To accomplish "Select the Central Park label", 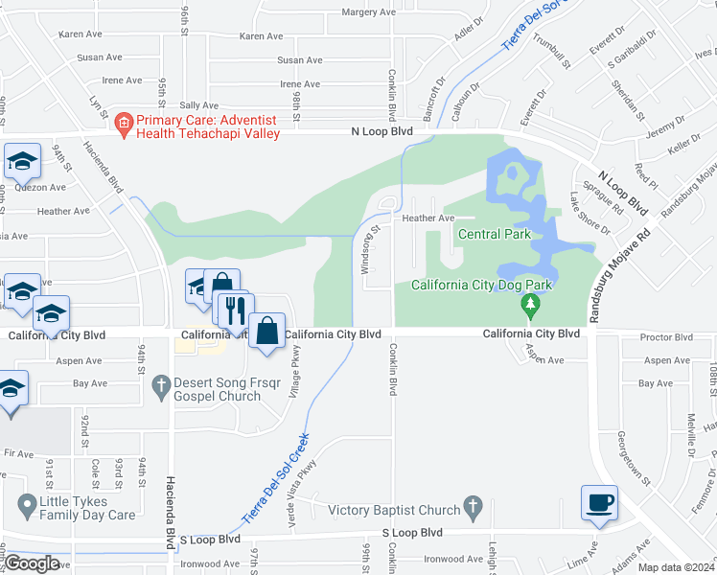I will click(494, 234).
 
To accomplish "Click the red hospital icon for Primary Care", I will click(122, 122).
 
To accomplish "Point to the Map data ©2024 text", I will click(676, 567).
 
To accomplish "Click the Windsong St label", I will click(364, 250).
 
